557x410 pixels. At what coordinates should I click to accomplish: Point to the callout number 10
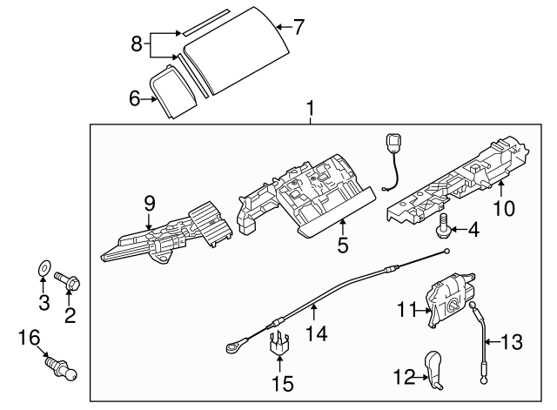504,208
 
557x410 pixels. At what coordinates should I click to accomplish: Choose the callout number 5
343,246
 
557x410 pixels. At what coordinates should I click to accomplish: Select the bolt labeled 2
68,281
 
